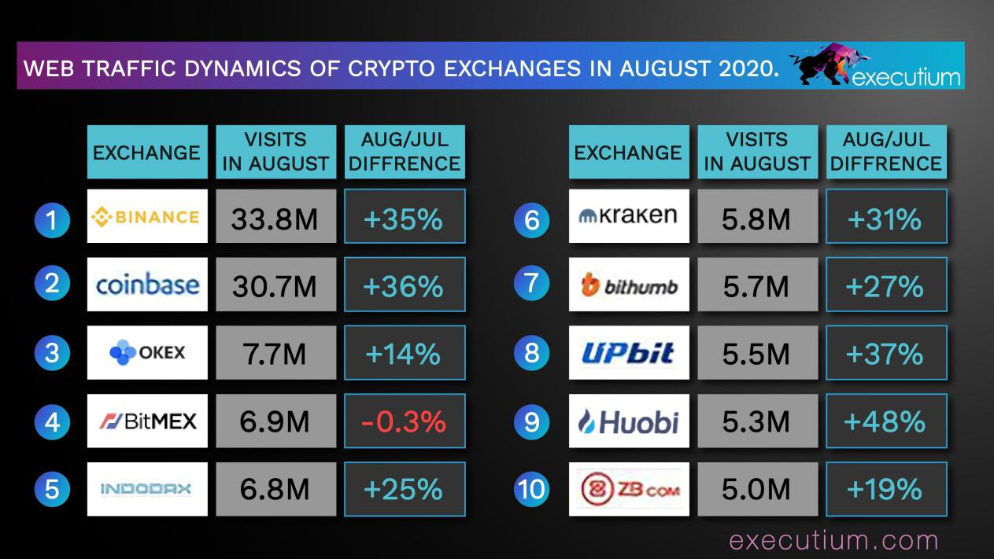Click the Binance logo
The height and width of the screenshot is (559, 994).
[147, 216]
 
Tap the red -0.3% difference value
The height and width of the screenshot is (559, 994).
[405, 421]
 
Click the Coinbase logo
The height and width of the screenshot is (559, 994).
[147, 284]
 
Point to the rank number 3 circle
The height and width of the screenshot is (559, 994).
[52, 352]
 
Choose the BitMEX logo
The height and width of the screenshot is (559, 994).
[147, 421]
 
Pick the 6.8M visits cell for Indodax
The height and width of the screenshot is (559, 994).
[275, 489]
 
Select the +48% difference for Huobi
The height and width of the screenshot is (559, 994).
[885, 421]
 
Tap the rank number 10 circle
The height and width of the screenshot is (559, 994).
[531, 489]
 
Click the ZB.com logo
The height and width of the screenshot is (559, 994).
[629, 489]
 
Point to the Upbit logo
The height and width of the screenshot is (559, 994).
[629, 353]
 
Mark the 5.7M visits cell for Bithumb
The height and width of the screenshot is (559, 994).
[756, 285]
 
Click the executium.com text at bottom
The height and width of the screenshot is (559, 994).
[833, 540]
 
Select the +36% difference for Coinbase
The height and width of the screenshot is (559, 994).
[405, 285]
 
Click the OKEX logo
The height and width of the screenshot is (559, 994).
[147, 352]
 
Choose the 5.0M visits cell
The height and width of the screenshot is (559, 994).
[756, 489]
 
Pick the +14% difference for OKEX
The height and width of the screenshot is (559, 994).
[405, 353]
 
